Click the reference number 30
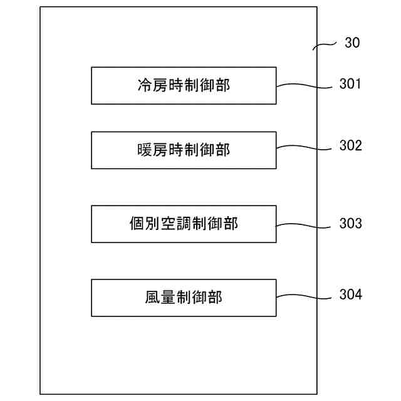(x=352, y=43)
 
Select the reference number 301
(x=350, y=84)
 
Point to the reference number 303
(x=350, y=222)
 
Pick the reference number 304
(x=350, y=294)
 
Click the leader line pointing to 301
(x=304, y=86)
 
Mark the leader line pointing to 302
(x=304, y=148)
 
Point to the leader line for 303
(x=304, y=224)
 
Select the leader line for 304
(x=304, y=296)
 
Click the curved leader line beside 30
(x=325, y=45)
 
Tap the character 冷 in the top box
(x=145, y=85)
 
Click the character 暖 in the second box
(x=145, y=150)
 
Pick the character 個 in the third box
(x=136, y=224)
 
